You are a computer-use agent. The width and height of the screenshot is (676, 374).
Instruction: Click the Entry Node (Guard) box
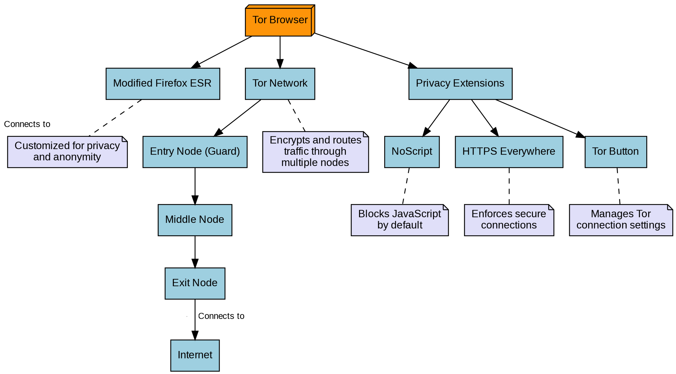pos(195,152)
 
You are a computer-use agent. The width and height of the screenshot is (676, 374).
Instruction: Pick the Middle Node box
pos(195,220)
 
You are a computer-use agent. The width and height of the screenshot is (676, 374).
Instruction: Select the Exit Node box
pos(195,283)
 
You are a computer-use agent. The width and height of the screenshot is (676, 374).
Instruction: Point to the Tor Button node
pos(616,152)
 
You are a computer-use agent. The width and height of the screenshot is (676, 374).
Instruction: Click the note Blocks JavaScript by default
pos(399,220)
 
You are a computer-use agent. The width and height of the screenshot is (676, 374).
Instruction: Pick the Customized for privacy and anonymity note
pos(67,152)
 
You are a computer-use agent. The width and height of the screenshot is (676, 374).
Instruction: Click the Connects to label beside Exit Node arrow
pos(221,316)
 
